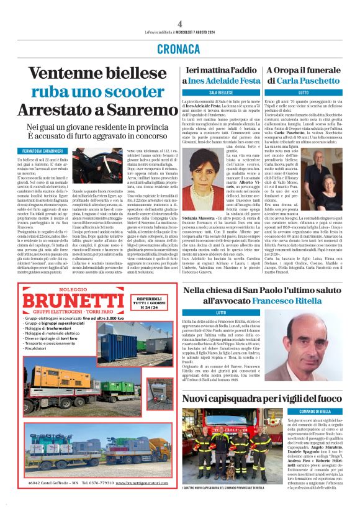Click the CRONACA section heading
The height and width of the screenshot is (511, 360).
tap(179, 48)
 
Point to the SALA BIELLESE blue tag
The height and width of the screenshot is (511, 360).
tap(220, 92)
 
